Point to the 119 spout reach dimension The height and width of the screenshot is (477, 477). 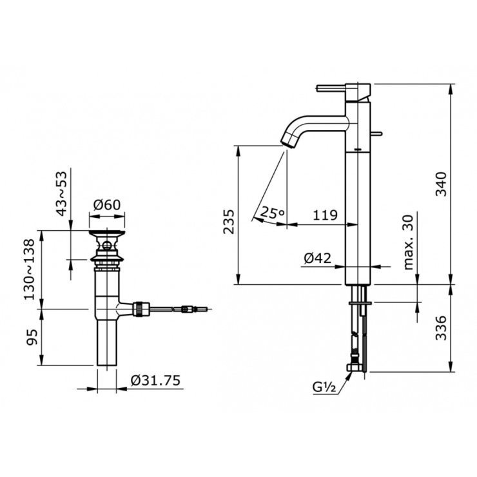click(325, 216)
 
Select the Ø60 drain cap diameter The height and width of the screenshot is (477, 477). click(107, 204)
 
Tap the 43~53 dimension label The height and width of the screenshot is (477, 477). click(62, 193)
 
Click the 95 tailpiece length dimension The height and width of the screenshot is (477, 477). click(30, 336)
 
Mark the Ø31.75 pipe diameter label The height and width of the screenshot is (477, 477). click(155, 381)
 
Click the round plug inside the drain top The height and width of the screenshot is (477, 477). click(107, 245)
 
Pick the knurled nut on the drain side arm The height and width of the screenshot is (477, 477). click(139, 309)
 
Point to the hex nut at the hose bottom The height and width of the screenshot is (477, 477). click(355, 368)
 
